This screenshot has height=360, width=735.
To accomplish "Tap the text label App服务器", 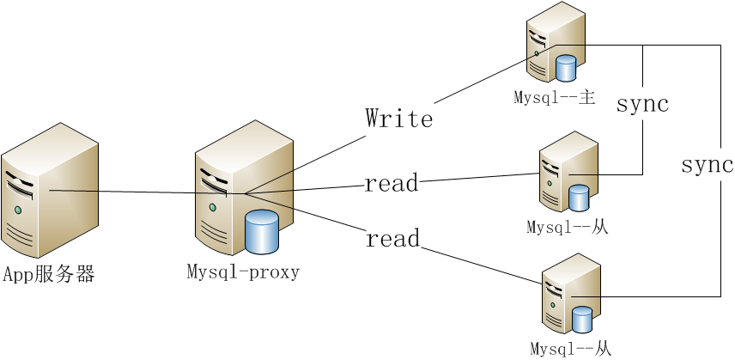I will click(x=48, y=275).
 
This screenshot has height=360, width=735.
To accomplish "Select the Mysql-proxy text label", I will click(x=243, y=272).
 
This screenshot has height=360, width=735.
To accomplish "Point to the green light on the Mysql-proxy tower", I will click(x=211, y=206).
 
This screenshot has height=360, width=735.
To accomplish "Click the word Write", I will click(x=398, y=118).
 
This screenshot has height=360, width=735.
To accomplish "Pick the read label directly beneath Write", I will click(x=392, y=183).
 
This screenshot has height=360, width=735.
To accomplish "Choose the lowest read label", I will click(x=392, y=238).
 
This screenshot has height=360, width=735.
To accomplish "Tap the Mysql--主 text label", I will click(x=555, y=96).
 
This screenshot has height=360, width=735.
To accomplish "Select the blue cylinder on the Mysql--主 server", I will click(x=566, y=67).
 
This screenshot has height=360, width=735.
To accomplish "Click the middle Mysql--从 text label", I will click(x=568, y=228).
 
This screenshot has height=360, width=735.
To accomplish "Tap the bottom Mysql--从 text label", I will click(x=570, y=349).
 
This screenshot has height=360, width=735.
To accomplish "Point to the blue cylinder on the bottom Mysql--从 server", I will click(x=582, y=320).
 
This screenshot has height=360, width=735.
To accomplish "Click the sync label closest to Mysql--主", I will click(x=642, y=105).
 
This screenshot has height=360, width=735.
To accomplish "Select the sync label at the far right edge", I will click(x=707, y=165).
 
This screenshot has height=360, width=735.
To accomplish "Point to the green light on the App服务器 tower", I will click(x=17, y=208).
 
